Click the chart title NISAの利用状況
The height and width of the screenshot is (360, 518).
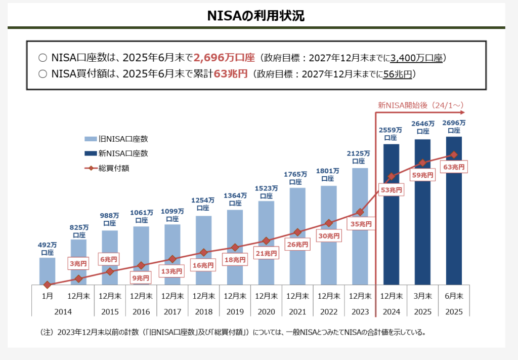pyautogui.click(x=255, y=16)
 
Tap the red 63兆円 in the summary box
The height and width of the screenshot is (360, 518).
pyautogui.click(x=231, y=74)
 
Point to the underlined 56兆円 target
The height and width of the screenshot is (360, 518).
pyautogui.click(x=397, y=74)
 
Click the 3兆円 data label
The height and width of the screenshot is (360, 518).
pyautogui.click(x=78, y=263)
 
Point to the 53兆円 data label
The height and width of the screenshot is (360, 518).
pyautogui.click(x=392, y=190)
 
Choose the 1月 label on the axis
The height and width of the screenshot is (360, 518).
pyautogui.click(x=47, y=296)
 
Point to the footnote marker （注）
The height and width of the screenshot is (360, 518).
pyautogui.click(x=47, y=333)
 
